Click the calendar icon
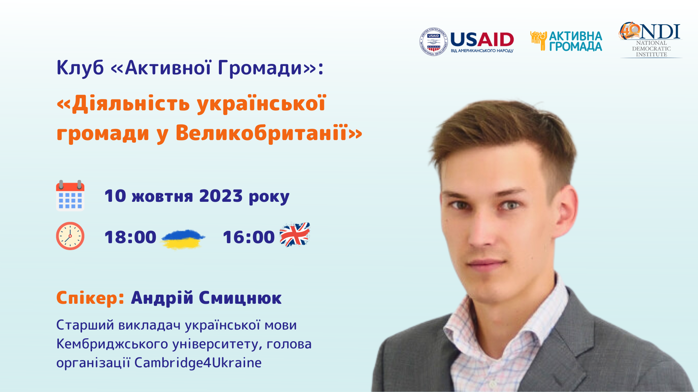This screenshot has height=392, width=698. (70, 196)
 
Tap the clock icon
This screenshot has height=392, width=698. (70, 236)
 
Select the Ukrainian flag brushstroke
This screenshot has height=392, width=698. (183, 239)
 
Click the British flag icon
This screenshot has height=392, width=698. (294, 234)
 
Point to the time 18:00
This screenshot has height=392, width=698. (130, 237)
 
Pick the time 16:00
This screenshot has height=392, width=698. (249, 237)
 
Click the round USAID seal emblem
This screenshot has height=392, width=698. (433, 42)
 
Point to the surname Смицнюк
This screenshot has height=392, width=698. (240, 298)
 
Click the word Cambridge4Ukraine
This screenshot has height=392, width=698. (198, 363)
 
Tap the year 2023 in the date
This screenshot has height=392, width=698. (221, 196)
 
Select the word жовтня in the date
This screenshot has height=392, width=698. (162, 197)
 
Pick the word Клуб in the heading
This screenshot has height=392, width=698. (80, 68)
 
